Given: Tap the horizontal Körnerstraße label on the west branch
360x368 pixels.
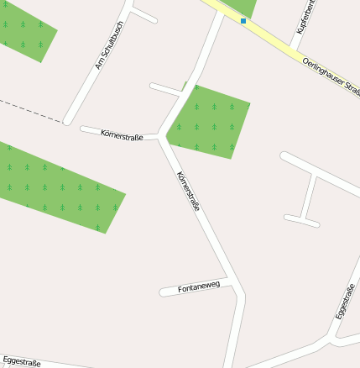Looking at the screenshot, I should click(x=122, y=134).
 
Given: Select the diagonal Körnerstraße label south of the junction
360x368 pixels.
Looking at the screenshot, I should click(x=188, y=192).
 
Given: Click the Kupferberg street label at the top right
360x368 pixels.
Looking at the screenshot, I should click(x=305, y=17).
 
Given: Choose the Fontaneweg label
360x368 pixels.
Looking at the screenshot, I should click(x=199, y=287).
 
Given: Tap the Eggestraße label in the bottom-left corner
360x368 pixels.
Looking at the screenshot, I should click(x=22, y=362).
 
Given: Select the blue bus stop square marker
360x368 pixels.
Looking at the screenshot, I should click(x=243, y=20).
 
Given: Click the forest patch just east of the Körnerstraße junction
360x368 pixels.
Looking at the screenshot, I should click(x=210, y=123).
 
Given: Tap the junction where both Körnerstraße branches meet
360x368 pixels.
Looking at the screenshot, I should click(x=159, y=136).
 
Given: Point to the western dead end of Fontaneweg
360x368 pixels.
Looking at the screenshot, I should click(x=163, y=292).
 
